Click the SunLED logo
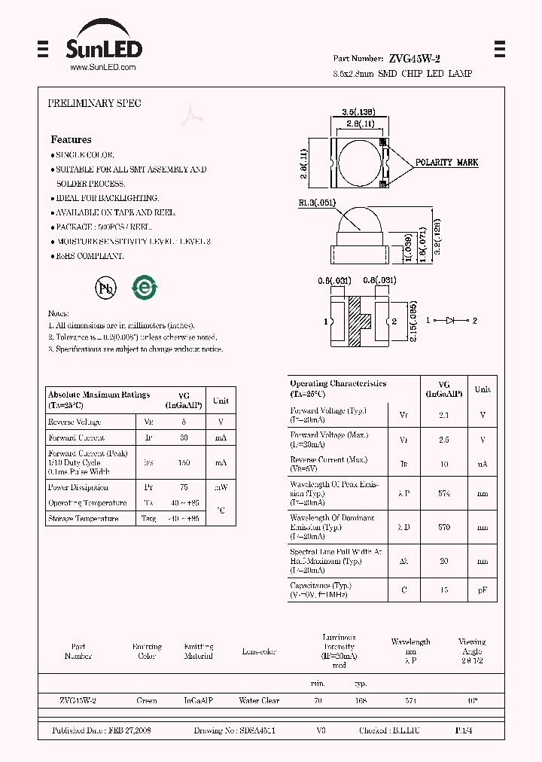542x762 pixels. click(103, 48)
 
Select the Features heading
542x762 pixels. click(71, 139)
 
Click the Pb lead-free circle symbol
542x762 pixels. click(105, 288)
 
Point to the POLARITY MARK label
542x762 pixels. click(447, 163)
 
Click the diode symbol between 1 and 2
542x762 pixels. click(452, 321)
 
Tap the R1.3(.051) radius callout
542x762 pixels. click(316, 203)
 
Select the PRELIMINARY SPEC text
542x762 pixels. click(94, 103)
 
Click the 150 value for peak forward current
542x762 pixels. click(184, 462)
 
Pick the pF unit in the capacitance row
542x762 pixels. click(483, 590)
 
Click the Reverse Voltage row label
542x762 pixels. click(75, 422)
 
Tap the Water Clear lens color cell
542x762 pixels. click(259, 701)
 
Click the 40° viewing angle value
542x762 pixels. click(472, 701)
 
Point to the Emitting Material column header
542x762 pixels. click(199, 651)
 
